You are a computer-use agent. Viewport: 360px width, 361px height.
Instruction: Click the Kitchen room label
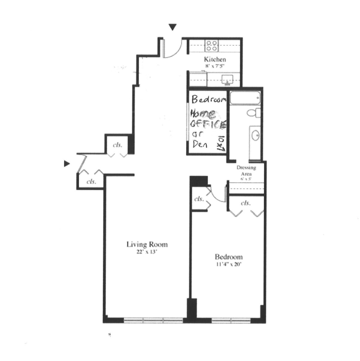[215, 59]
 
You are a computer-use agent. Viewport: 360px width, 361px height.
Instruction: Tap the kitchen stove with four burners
[211, 46]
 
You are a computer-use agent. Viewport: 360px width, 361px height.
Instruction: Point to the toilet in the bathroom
[252, 113]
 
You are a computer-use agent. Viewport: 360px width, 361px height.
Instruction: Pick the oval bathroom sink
[255, 136]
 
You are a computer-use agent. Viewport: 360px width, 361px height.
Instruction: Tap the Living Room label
[147, 244]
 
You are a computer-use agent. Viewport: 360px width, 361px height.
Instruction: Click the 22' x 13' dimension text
[146, 252]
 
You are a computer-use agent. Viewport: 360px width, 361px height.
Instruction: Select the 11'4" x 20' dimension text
[229, 264]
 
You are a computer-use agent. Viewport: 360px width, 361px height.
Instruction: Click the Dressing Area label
[246, 171]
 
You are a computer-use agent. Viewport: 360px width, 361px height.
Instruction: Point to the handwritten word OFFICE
[208, 125]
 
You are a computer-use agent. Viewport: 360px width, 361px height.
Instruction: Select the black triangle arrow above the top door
[172, 27]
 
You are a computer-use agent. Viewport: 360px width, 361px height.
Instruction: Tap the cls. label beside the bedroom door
[199, 199]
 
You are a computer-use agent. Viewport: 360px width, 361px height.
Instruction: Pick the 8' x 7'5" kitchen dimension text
[215, 65]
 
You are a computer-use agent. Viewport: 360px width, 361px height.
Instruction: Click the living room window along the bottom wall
[153, 320]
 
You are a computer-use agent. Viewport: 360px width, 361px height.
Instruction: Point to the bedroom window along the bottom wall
[231, 320]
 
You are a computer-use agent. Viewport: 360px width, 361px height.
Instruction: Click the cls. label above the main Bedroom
[245, 203]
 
